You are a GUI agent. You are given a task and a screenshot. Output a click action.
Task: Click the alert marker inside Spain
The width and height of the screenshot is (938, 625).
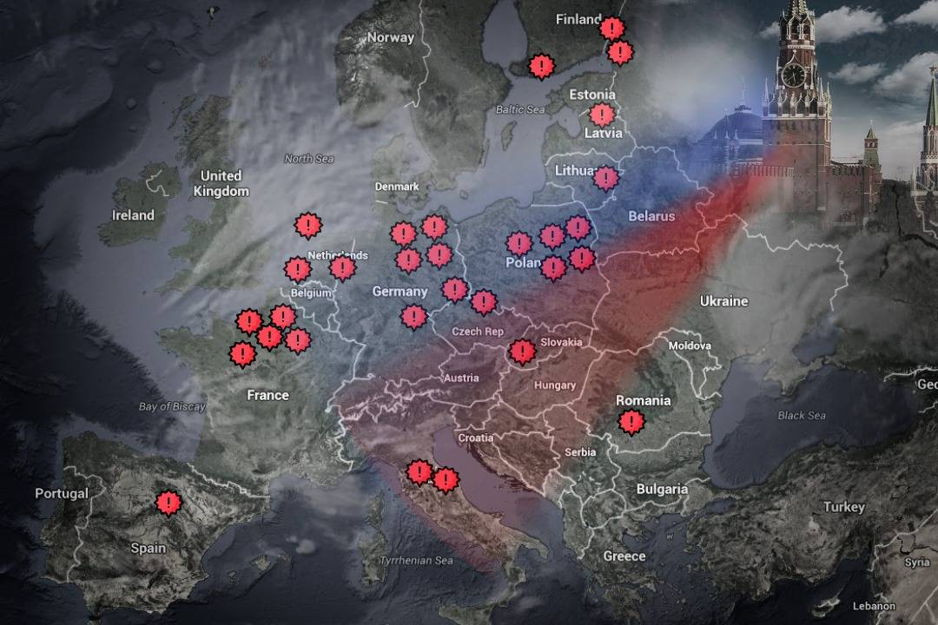(168, 502)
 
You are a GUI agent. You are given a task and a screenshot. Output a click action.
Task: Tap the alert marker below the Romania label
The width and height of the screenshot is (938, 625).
(631, 423)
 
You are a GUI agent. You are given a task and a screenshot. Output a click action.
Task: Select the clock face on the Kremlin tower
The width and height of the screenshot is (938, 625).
(793, 76)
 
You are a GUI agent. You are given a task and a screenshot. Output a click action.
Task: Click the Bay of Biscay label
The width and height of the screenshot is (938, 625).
(172, 406)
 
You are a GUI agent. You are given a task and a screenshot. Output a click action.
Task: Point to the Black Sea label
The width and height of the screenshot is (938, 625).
(802, 416)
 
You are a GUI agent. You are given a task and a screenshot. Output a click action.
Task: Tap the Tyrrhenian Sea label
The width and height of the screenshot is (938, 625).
(416, 561)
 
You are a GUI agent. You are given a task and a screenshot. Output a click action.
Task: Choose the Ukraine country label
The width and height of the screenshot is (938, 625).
(723, 301)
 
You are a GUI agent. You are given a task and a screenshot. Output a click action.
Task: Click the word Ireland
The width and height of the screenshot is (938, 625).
(133, 215)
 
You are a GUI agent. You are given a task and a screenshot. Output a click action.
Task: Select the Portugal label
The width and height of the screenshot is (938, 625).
(62, 493)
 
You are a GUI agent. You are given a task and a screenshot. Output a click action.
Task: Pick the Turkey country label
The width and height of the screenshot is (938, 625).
(844, 507)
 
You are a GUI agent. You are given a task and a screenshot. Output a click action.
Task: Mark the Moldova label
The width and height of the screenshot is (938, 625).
(690, 345)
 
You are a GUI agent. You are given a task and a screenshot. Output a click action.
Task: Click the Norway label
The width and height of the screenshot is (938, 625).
(390, 37)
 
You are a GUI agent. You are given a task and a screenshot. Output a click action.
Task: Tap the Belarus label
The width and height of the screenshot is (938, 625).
(651, 216)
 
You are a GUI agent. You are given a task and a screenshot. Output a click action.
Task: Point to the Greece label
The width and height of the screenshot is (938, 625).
(624, 556)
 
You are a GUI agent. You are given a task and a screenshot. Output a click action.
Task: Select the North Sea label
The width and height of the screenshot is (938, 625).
(308, 159)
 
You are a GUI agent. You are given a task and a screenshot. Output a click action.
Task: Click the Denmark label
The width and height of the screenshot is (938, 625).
(397, 187)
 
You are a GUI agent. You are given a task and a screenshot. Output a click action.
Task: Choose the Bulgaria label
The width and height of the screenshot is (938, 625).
(662, 489)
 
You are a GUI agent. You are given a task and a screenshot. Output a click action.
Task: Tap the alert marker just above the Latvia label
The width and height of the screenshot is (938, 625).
(601, 114)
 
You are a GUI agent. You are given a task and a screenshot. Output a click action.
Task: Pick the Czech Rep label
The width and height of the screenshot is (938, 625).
(478, 332)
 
